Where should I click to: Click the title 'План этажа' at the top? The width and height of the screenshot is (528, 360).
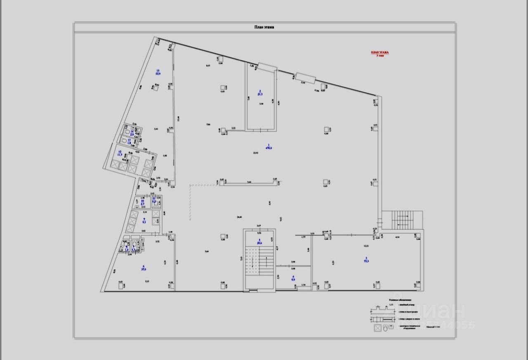[x=264, y=27]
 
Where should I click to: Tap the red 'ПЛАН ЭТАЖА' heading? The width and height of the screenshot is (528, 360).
[x=379, y=53]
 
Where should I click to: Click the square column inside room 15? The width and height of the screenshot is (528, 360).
[x=156, y=88]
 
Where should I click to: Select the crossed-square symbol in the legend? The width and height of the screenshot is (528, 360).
[x=377, y=328]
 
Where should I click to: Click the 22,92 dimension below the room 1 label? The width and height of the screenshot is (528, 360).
[x=255, y=153]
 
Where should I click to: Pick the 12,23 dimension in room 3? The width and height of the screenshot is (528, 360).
[x=365, y=246]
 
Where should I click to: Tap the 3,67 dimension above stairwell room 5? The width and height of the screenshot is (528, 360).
[x=259, y=226]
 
